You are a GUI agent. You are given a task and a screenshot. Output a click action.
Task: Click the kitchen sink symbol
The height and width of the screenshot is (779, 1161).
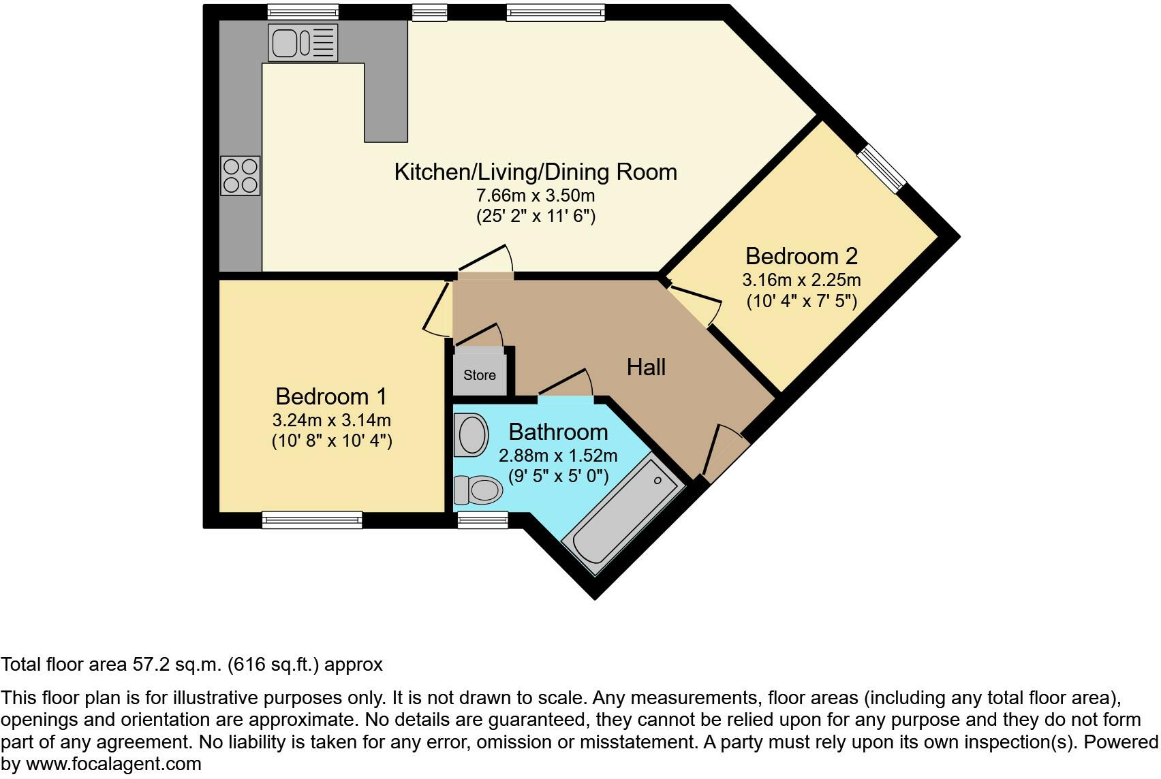click(303, 42)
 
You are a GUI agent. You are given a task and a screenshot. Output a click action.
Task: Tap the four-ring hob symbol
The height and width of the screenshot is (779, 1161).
click(241, 176)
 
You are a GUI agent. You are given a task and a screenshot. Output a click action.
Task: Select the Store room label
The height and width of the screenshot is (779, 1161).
click(480, 375)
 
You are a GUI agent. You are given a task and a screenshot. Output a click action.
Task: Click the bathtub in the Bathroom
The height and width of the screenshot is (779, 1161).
click(622, 518)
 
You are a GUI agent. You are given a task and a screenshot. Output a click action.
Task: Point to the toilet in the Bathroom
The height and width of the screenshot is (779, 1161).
click(478, 488)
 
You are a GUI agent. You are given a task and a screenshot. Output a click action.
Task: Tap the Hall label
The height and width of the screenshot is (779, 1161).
click(645, 368)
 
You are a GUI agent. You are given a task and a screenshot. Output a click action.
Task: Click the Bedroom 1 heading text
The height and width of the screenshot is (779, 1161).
click(331, 396)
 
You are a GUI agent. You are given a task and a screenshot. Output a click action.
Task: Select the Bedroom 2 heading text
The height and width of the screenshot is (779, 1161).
click(801, 257)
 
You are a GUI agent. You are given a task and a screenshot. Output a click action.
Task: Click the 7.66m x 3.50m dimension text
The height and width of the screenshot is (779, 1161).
click(535, 196)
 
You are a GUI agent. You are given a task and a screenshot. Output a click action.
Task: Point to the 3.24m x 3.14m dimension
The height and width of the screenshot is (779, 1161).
click(331, 420)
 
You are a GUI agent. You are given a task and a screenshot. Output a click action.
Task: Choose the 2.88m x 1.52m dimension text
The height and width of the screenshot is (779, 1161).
click(558, 456)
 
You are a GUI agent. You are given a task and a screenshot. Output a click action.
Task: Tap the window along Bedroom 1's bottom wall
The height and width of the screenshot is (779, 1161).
click(312, 520)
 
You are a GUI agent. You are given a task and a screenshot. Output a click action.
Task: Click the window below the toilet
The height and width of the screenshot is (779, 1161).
click(482, 521)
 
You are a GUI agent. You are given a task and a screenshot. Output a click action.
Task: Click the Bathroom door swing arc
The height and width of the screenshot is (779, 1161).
click(566, 381)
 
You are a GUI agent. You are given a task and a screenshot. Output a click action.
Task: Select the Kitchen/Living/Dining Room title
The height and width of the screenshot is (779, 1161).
click(536, 172)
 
